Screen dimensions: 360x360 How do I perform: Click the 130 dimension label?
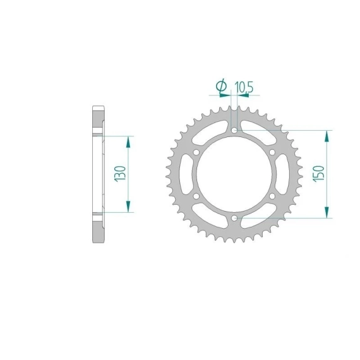120,174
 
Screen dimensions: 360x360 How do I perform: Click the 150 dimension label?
319,174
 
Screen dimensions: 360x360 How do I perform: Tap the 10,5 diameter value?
244,87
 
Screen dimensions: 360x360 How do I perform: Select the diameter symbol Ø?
221,85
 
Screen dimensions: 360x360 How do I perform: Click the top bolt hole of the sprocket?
234,130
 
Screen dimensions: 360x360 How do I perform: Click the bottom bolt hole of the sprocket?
234,218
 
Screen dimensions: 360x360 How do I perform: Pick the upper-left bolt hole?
196,152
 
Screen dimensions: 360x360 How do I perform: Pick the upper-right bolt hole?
272,152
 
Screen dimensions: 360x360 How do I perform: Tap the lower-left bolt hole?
196,196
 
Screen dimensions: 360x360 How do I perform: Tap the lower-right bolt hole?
272,196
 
